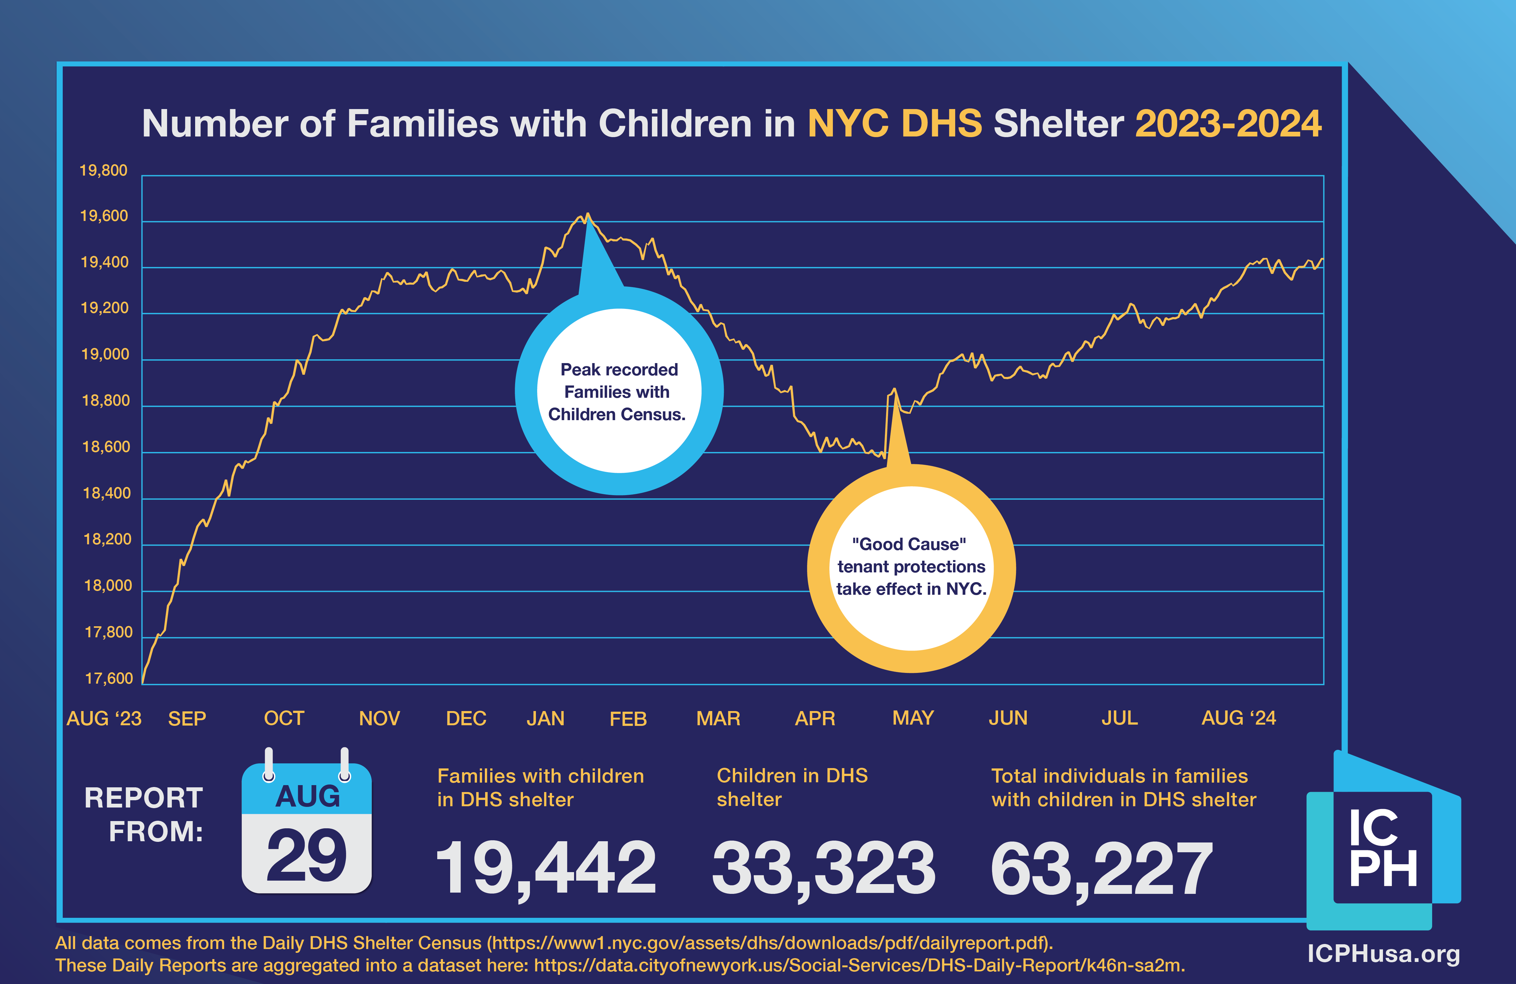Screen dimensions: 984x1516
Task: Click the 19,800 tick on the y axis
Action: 103,171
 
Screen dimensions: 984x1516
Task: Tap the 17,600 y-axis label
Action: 109,678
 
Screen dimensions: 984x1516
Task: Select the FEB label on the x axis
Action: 628,719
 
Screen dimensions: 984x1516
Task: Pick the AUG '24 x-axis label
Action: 1238,718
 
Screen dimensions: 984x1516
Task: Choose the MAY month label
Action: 913,718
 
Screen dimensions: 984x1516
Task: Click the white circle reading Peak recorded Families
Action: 619,391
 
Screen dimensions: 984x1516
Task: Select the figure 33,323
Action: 823,867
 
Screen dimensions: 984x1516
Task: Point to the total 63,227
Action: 1101,867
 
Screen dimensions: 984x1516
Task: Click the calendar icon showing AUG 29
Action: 306,828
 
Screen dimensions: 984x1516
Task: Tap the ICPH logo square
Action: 1382,847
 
